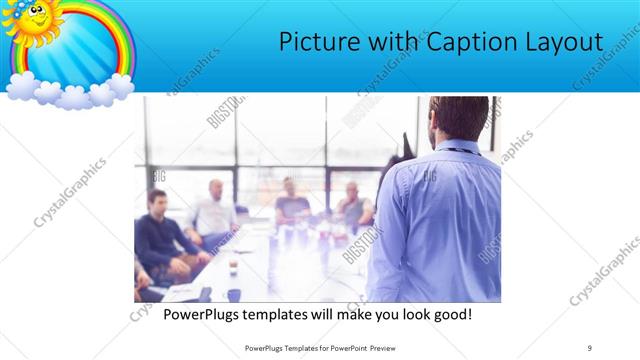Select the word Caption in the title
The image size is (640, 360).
467,42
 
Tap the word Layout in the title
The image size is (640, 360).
565,42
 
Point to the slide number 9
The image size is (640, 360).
590,347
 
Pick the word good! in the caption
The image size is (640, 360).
450,315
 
